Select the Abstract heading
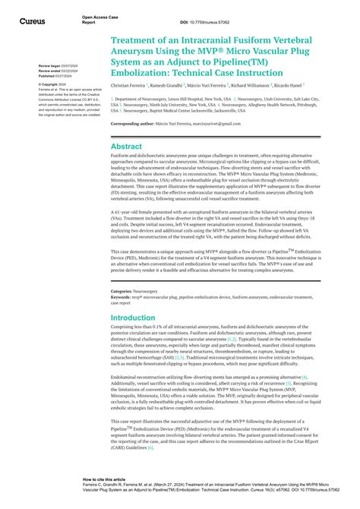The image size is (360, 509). (x=126, y=146)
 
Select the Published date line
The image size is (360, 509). (x=55, y=77)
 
